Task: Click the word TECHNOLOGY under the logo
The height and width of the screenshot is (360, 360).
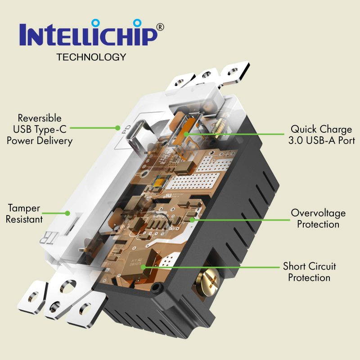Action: pos(91,57)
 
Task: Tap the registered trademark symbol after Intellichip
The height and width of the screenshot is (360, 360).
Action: pos(160,27)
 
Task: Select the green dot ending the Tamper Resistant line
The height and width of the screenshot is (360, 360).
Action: pos(67,213)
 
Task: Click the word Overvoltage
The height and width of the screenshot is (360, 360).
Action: pos(318,213)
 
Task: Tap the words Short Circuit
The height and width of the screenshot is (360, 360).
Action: pos(310,266)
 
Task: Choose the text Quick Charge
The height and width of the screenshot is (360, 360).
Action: pos(321,129)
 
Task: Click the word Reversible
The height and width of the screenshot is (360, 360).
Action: pos(40,118)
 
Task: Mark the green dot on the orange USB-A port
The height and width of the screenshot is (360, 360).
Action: pos(186,134)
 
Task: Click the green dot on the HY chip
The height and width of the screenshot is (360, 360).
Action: pos(143,267)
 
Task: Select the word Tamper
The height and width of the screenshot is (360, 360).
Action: pos(24,208)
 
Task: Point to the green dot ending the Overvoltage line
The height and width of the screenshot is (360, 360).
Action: pos(192,220)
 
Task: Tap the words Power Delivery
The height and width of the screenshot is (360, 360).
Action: pos(40,140)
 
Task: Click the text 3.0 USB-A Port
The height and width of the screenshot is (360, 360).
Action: pos(321,140)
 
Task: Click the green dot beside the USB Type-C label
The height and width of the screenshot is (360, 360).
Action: pos(118,128)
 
